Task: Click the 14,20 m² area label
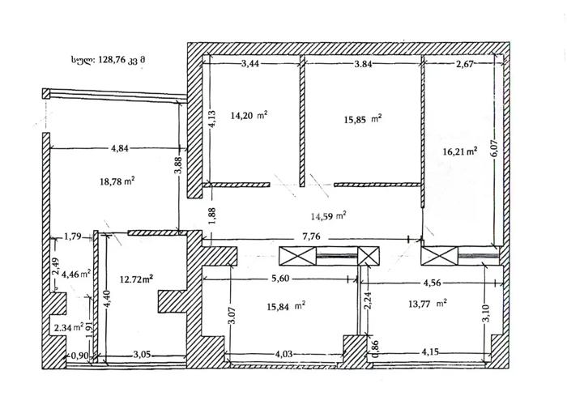[x=249, y=116]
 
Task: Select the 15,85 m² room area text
[x=363, y=119]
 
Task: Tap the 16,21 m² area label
[x=460, y=151]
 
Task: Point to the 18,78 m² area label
[x=117, y=181]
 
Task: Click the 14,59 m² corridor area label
[x=329, y=216]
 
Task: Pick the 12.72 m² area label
[x=136, y=279]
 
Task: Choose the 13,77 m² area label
[x=428, y=304]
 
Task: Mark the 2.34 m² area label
[x=69, y=328]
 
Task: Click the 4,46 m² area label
[x=76, y=275]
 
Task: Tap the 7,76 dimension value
[x=311, y=236]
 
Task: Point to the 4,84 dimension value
[x=120, y=148]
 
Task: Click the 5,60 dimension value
[x=280, y=279]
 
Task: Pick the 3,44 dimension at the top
[x=250, y=64]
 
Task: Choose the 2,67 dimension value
[x=465, y=65]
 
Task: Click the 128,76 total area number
[x=112, y=60]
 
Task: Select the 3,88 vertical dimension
[x=178, y=165]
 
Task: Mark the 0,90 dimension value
[x=79, y=356]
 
